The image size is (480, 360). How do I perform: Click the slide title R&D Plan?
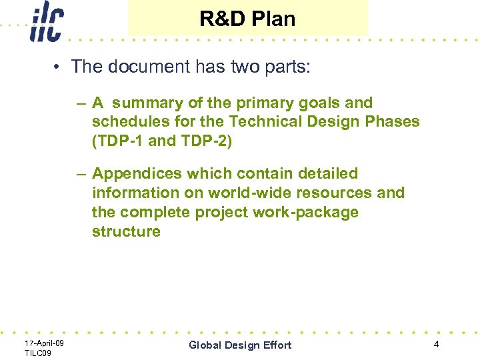[247, 19]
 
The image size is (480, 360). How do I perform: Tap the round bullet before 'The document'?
[59, 67]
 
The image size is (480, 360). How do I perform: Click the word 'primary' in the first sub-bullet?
[254, 103]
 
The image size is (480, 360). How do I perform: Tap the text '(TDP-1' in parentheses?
[117, 141]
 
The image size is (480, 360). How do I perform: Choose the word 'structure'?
[126, 232]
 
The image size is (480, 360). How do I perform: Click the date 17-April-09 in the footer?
[44, 343]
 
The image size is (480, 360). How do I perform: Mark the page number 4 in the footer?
[436, 345]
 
